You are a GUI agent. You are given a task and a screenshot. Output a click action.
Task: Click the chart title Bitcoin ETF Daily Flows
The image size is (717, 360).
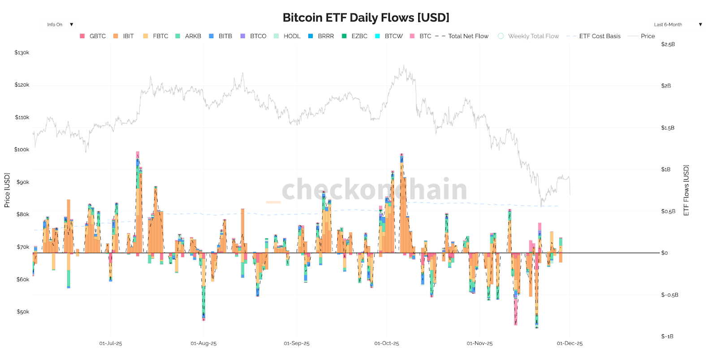366,17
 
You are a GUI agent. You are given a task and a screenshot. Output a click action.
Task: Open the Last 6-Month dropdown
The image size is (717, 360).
677,25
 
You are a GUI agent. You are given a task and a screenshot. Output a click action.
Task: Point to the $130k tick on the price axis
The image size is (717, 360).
22,52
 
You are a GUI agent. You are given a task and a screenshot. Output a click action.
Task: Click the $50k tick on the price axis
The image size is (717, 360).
23,312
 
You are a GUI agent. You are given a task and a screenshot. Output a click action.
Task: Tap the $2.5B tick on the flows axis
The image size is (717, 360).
668,44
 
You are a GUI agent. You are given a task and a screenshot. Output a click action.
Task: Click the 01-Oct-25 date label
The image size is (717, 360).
386,343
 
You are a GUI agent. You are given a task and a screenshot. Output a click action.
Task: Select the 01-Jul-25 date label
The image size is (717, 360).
110,343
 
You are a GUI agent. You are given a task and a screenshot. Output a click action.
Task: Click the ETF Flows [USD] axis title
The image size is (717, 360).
686,190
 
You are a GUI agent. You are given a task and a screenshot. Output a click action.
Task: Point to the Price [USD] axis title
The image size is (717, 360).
7,190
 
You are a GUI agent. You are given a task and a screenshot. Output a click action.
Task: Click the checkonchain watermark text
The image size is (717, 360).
374,189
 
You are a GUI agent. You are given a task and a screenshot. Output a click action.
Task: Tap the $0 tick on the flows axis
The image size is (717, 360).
664,253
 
